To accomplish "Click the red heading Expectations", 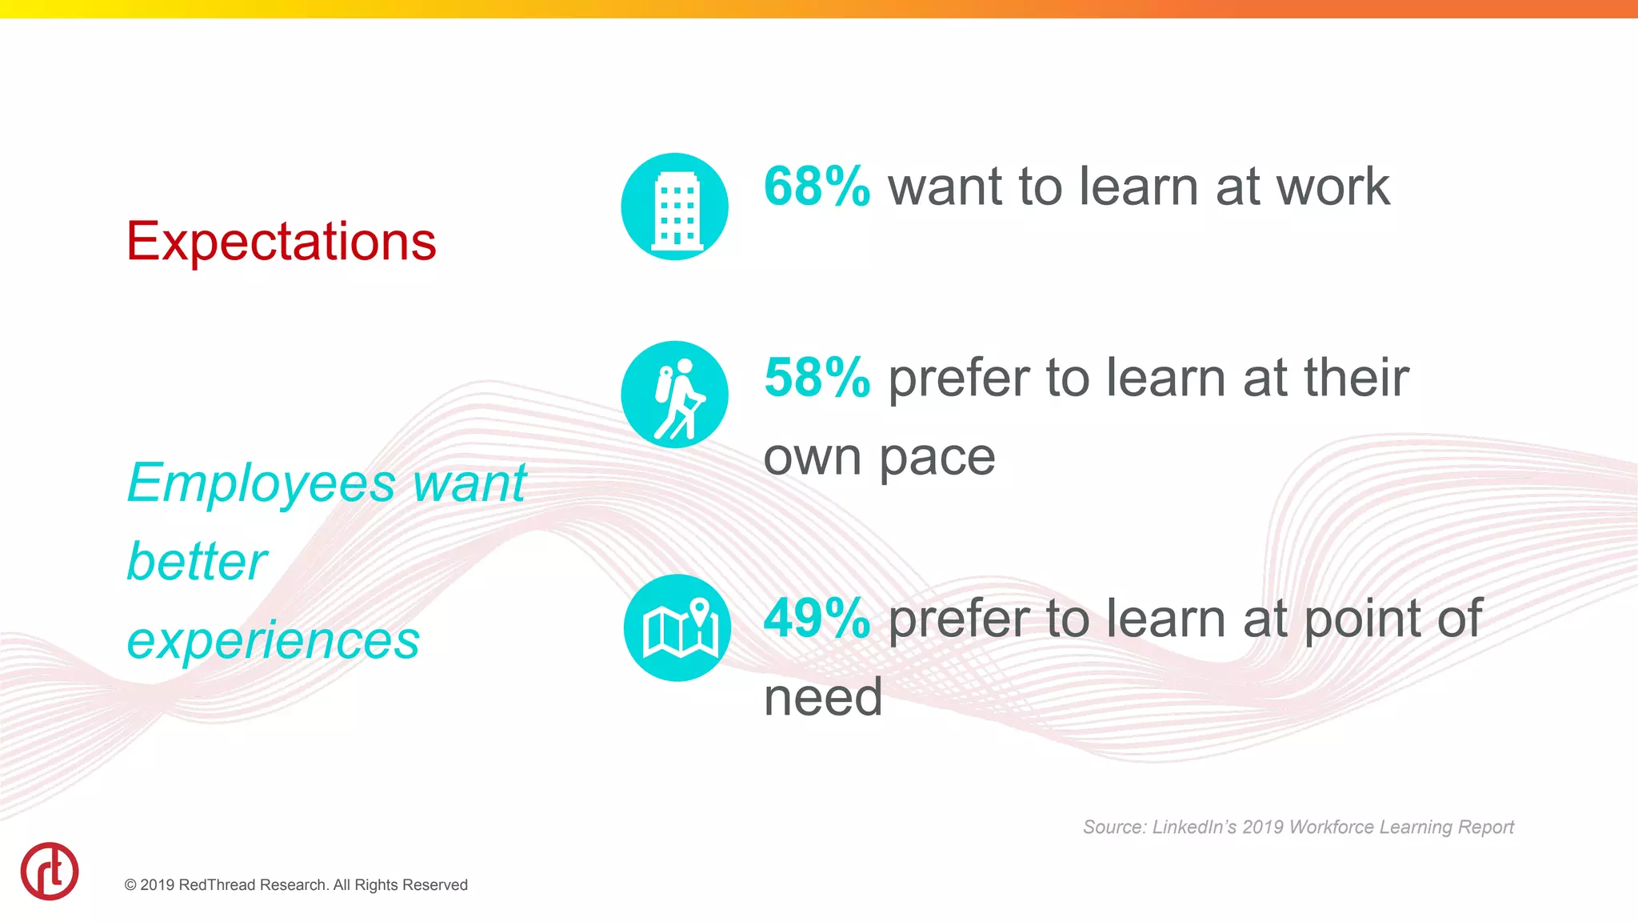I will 281,242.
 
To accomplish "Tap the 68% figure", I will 817,186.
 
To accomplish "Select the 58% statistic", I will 817,378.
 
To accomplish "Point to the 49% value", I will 817,619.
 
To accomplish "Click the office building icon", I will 675,206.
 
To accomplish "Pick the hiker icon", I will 675,395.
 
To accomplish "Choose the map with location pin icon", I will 677,628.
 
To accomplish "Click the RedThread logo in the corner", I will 50,871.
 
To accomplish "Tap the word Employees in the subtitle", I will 261,483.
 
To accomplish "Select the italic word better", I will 197,562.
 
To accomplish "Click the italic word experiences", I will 273,640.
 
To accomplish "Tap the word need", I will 823,697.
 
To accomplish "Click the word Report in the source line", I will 1485,827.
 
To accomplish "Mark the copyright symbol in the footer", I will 130,885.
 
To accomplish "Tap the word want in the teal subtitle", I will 469,483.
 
